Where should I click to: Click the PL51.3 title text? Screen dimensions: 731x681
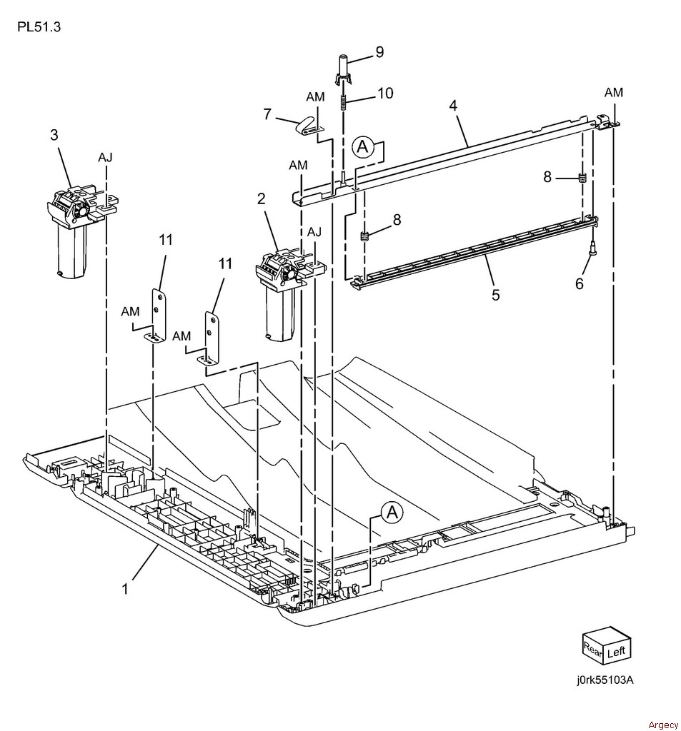tap(34, 29)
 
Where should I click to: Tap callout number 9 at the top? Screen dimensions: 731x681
tap(379, 51)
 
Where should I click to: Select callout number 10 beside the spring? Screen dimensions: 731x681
tap(386, 94)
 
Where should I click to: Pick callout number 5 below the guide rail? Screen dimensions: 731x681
tap(495, 294)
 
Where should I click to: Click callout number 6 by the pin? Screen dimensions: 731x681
tap(579, 283)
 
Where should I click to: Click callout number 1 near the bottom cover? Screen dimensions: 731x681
tap(125, 589)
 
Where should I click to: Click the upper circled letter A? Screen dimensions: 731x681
tap(363, 147)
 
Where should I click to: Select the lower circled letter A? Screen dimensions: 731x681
tap(391, 511)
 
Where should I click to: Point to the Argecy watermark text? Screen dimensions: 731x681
tap(663, 725)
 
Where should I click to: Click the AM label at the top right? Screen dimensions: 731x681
tap(613, 92)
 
